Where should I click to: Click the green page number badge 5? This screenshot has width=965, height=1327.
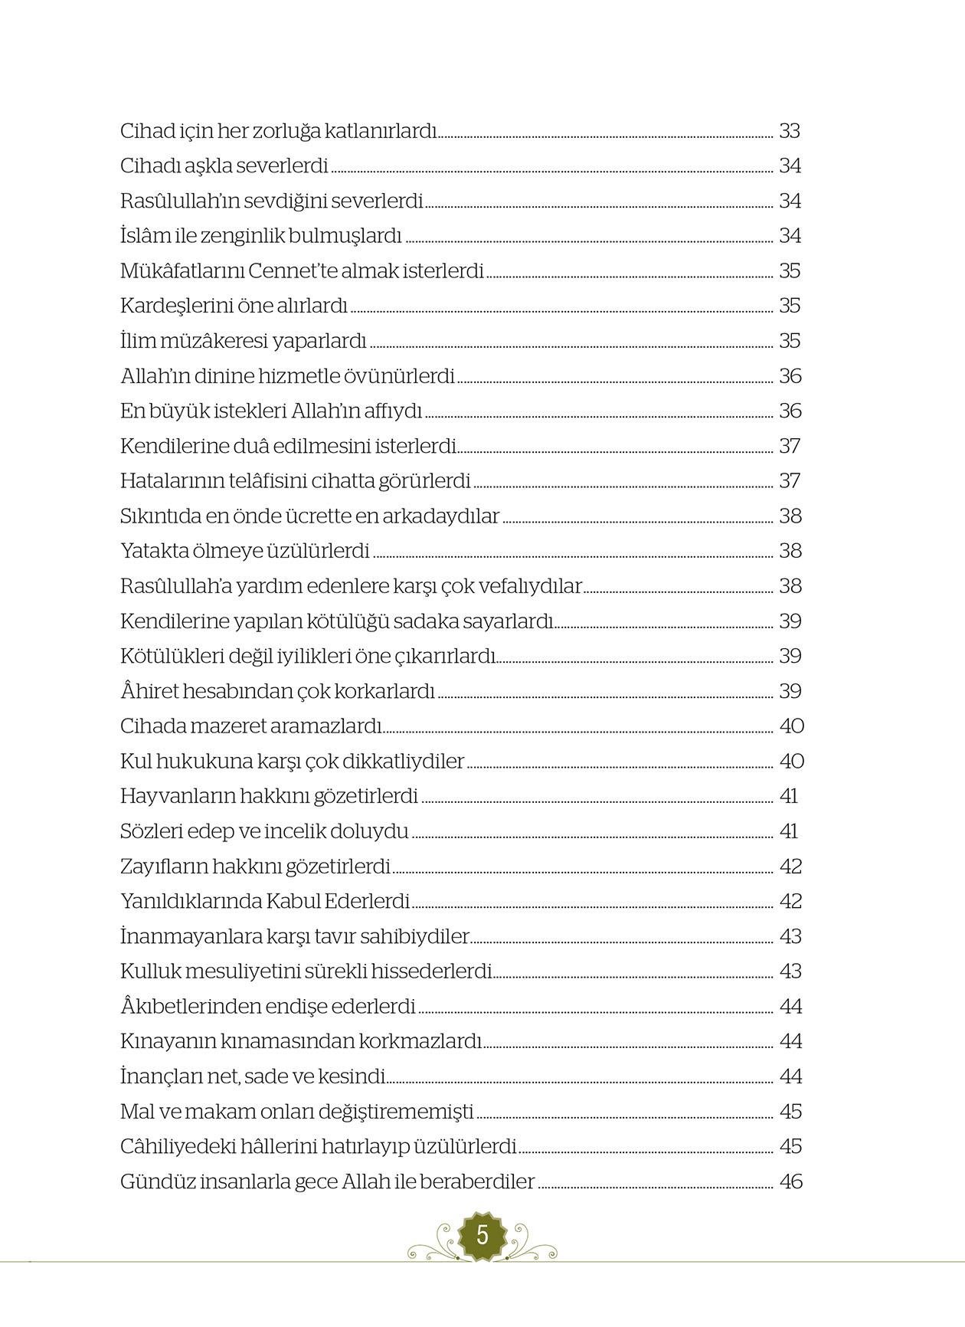point(482,1235)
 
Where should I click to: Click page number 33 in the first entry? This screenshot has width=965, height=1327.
point(790,131)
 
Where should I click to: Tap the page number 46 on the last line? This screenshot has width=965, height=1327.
point(790,1181)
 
